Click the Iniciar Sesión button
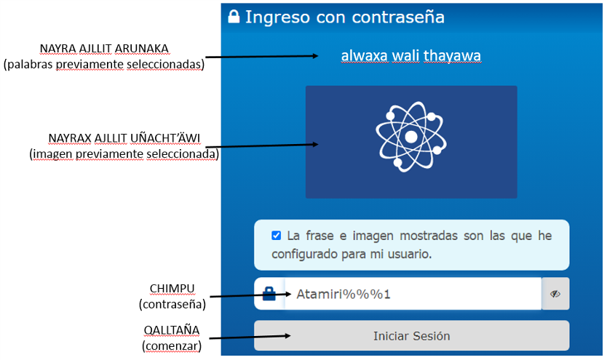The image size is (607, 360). click(411, 336)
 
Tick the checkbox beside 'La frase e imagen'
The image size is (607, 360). click(276, 236)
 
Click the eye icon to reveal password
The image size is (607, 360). click(555, 295)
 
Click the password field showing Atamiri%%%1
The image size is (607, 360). click(412, 295)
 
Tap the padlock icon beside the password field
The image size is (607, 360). click(269, 295)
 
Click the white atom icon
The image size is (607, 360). click(410, 136)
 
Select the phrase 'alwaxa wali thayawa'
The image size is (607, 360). click(410, 56)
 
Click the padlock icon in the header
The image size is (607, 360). click(234, 17)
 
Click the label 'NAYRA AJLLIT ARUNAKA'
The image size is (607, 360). click(104, 49)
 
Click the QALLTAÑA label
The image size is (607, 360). click(171, 329)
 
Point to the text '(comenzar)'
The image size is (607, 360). click(172, 345)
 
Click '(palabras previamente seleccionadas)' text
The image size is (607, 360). click(104, 64)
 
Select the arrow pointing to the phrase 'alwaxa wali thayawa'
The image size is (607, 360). click(262, 56)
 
